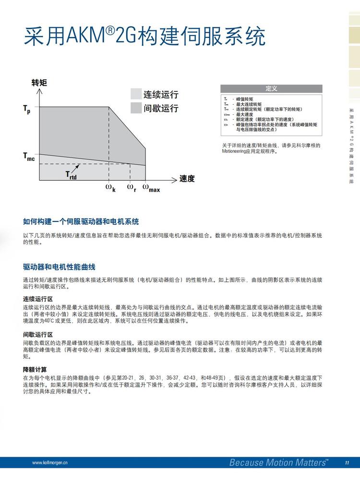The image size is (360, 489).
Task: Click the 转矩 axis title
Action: [x=39, y=82]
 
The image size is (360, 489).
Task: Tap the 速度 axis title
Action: [x=187, y=179]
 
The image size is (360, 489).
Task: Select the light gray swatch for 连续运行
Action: [x=136, y=94]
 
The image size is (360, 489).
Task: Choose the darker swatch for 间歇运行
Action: [x=136, y=108]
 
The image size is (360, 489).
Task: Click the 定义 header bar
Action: [x=271, y=89]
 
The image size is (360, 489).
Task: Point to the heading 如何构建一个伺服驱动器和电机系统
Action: [x=81, y=221]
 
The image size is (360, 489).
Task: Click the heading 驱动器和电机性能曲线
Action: [x=62, y=267]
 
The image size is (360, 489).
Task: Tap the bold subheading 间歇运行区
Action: [x=38, y=335]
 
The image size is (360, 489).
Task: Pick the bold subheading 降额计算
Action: [x=35, y=369]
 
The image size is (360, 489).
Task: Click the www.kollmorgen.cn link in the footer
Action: [x=50, y=463]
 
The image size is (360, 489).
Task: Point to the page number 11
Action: [x=347, y=463]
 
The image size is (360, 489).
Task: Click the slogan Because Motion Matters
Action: [x=278, y=463]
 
